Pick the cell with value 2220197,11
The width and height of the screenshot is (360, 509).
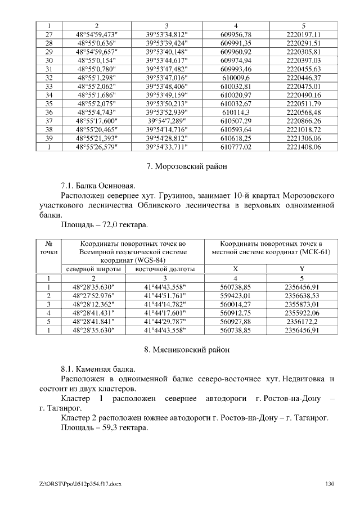click(303, 34)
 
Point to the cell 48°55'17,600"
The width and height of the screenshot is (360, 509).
click(96, 121)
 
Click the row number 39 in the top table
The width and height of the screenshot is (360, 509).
click(48, 138)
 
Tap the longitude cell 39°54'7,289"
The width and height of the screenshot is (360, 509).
click(166, 121)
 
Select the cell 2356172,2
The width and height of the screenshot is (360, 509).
click(303, 321)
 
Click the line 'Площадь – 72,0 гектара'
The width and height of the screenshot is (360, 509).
click(104, 225)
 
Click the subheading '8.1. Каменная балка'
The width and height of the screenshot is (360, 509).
click(98, 369)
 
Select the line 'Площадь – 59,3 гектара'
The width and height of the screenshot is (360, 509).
click(104, 427)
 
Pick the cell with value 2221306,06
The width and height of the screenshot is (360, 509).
click(303, 138)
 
